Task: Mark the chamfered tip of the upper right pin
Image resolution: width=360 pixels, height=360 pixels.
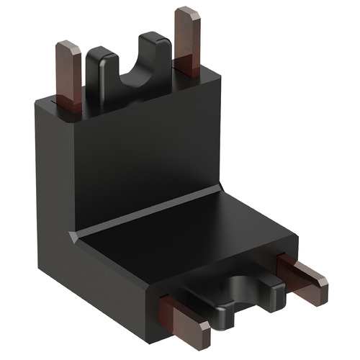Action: pyautogui.click(x=186, y=14)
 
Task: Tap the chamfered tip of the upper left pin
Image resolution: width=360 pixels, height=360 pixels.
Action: pyautogui.click(x=69, y=48)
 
